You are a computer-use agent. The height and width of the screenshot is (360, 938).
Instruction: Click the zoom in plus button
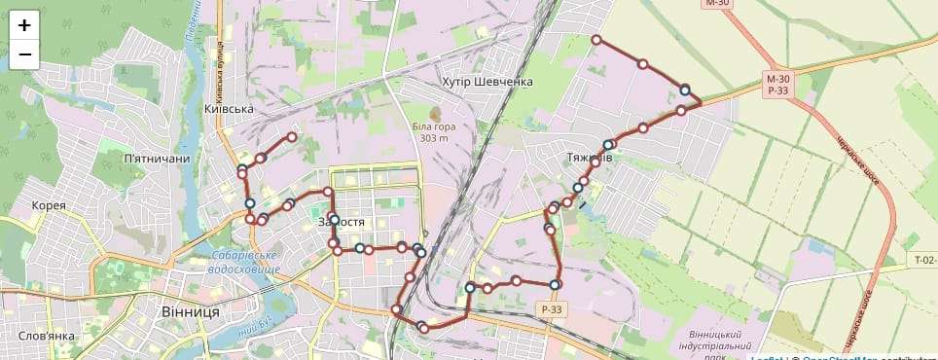(24, 25)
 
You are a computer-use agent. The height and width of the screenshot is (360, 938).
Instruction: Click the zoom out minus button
(24, 54)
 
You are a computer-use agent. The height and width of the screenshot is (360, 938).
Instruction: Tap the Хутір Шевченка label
(487, 82)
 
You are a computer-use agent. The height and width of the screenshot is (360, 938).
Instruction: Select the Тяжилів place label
(589, 157)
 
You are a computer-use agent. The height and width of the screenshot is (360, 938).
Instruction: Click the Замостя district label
(342, 223)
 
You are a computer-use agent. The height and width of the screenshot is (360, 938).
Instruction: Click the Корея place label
(49, 205)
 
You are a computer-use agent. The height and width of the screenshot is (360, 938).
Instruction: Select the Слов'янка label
(47, 337)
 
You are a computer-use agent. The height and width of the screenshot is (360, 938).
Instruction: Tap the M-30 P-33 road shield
(776, 84)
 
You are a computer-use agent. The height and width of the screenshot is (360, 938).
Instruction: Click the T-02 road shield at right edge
(923, 260)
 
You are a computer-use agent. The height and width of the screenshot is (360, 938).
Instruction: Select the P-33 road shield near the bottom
(552, 309)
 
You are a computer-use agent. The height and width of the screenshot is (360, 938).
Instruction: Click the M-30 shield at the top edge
(717, 4)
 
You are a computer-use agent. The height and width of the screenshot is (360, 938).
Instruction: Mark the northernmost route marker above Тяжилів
(596, 40)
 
